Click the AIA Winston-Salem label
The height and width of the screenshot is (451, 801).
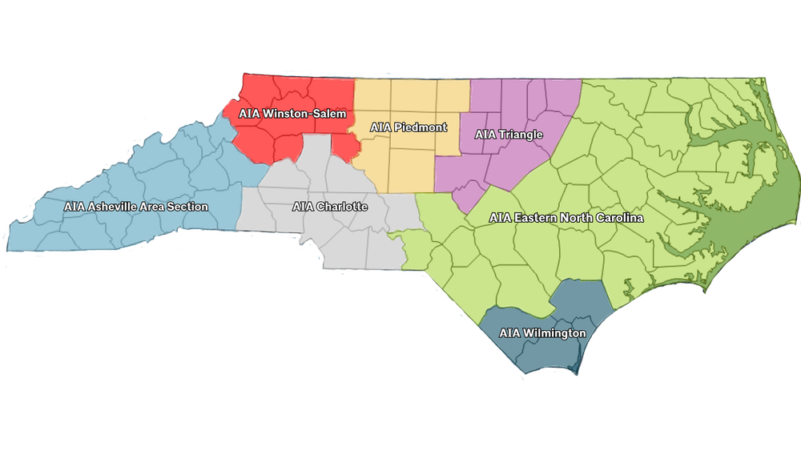click(292, 115)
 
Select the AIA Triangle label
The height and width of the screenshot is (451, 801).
click(509, 135)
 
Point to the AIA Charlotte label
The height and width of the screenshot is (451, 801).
click(330, 207)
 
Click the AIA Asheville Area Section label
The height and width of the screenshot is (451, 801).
click(136, 207)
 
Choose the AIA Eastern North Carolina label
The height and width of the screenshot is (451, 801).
click(566, 218)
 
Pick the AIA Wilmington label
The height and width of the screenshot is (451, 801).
click(542, 333)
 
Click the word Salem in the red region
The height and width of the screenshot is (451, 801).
click(331, 115)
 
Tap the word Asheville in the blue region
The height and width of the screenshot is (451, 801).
click(113, 207)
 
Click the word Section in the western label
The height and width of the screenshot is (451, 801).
click(188, 207)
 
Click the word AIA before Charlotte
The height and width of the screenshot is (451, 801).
click(302, 207)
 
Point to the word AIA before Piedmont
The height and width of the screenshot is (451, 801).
click(380, 127)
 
